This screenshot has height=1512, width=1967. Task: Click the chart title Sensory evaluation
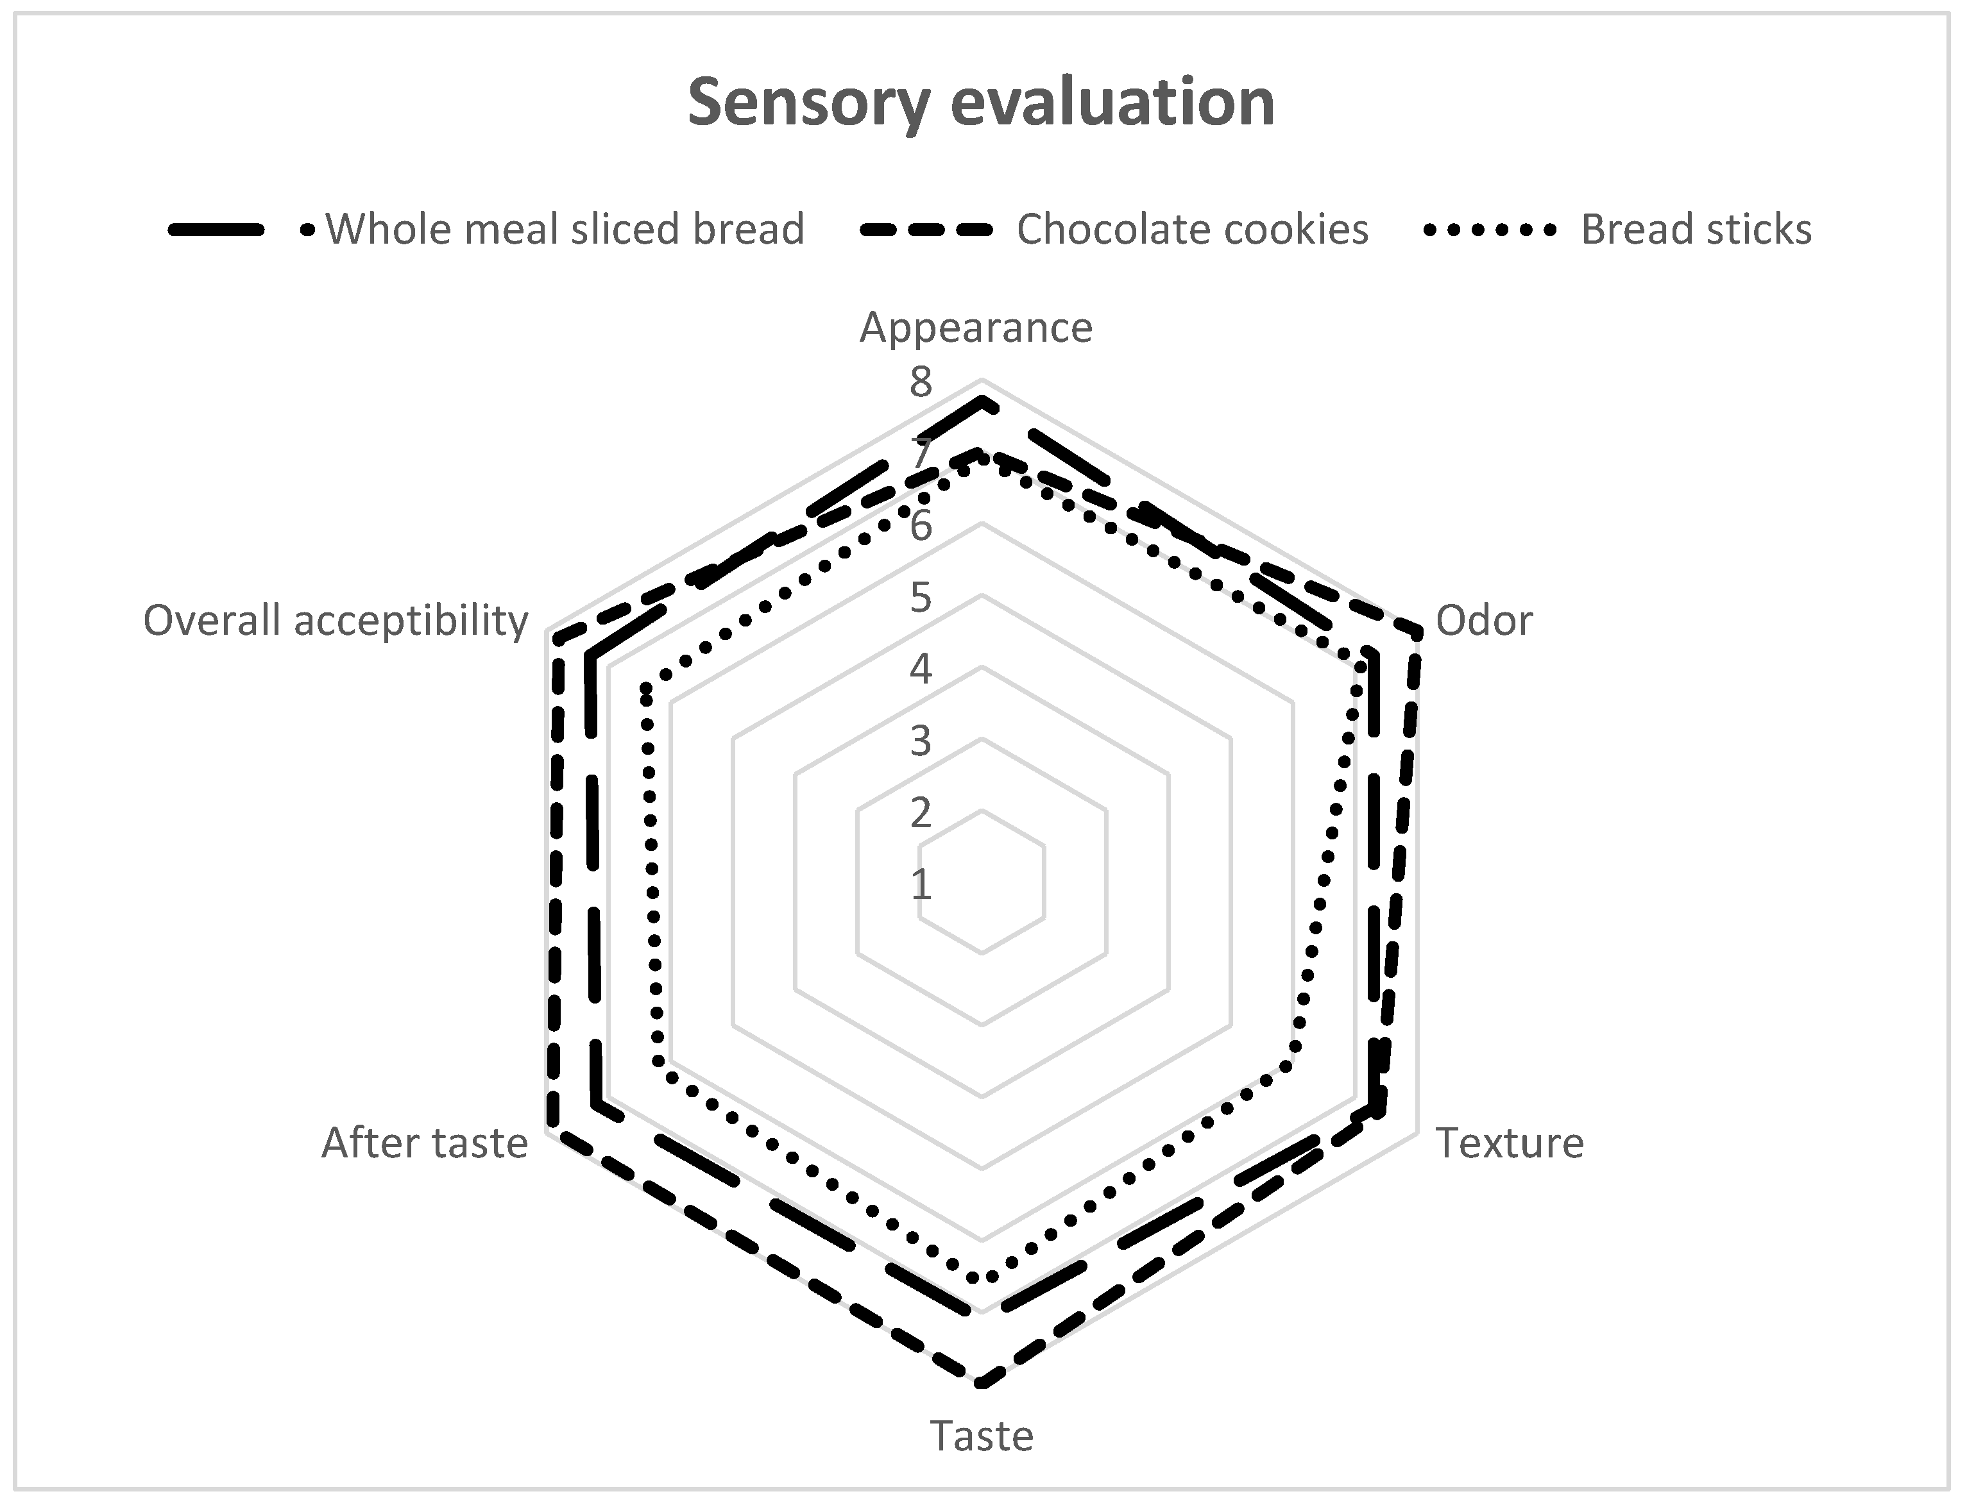tap(981, 103)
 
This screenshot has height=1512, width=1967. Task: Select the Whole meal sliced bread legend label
tap(565, 230)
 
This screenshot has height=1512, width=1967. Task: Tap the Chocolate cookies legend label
tap(1192, 230)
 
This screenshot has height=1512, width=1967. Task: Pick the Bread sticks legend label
tap(1696, 230)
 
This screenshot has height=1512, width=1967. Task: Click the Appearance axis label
tap(976, 328)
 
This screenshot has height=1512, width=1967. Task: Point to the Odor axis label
tap(1483, 621)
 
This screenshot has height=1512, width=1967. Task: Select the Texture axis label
tap(1509, 1143)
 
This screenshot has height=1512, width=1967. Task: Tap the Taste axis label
tap(981, 1436)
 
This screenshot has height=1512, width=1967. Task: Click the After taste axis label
tap(425, 1143)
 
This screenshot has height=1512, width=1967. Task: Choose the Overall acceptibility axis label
tap(336, 621)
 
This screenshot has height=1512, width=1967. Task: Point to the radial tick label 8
tap(920, 383)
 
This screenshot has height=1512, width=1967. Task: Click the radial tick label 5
tap(920, 598)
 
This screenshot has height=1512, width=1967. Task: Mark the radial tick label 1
tap(920, 886)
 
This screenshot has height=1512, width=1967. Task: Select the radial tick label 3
tap(920, 742)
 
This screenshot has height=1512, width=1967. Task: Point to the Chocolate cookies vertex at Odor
tap(1417, 634)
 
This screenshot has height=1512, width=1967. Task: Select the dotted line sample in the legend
tap(1489, 230)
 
